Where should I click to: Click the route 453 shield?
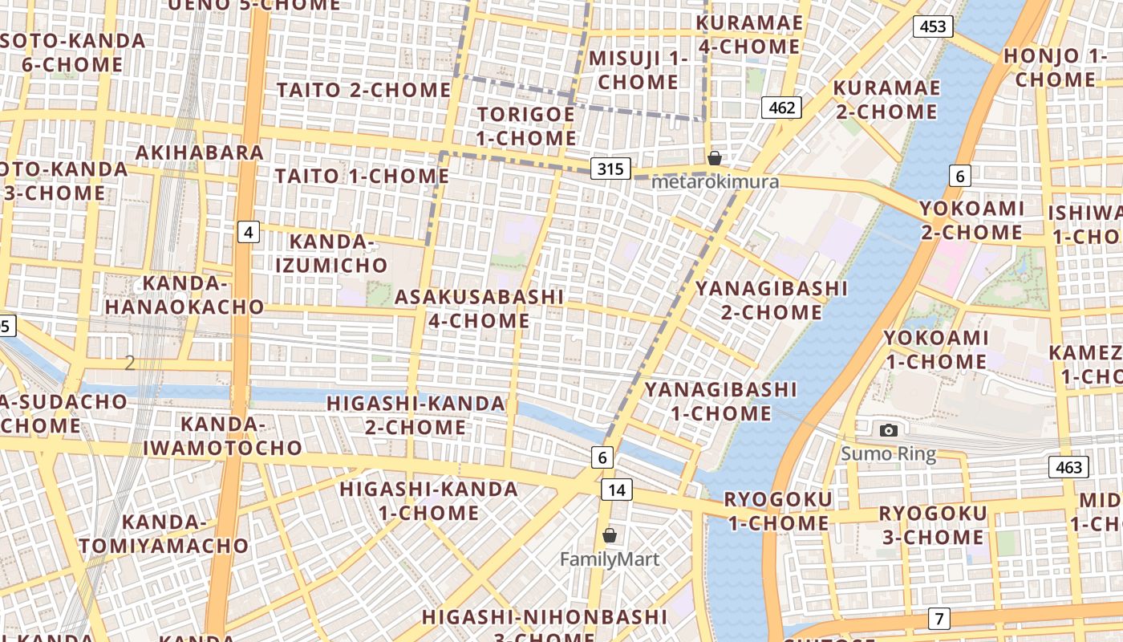[x=933, y=26]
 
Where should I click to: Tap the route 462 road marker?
[x=782, y=108]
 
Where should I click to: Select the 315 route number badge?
[x=610, y=169]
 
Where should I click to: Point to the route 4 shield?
[x=249, y=233]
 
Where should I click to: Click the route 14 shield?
[x=616, y=490]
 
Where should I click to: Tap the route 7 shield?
[x=939, y=619]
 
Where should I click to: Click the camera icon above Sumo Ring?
[x=888, y=431]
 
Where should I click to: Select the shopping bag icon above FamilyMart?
[x=610, y=535]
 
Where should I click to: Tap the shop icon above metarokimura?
[x=714, y=158]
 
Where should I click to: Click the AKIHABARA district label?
[x=200, y=152]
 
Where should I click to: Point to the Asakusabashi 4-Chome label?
[x=479, y=309]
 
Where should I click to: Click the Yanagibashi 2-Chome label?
[x=771, y=300]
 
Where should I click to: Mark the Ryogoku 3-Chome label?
[x=933, y=525]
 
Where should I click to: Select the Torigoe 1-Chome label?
[x=525, y=126]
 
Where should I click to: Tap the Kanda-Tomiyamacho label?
[x=164, y=534]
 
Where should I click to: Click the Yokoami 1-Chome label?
[x=935, y=350]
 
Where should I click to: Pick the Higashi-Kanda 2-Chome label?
[x=416, y=415]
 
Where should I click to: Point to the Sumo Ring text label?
[x=888, y=454]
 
